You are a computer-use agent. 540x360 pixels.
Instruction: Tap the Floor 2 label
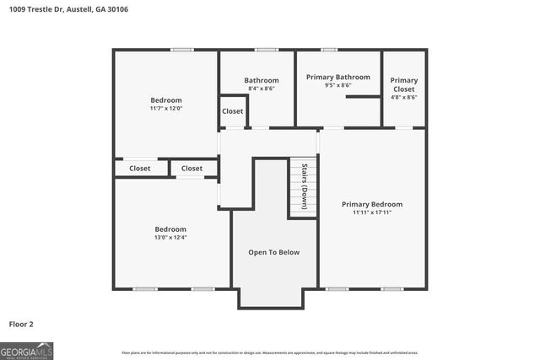point(21,324)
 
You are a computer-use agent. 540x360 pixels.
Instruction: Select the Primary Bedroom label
point(371,204)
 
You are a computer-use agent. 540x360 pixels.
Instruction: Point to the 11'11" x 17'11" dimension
point(371,212)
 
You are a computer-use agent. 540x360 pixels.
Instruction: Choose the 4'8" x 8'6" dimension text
point(403,98)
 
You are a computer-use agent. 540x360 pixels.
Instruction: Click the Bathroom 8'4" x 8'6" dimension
point(261,89)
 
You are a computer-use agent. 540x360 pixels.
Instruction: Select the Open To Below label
point(273,252)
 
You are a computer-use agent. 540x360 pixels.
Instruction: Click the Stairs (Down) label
point(304,186)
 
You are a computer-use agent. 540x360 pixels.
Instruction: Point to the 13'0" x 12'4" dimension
point(170,238)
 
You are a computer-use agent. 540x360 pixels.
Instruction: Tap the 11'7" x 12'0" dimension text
point(165,109)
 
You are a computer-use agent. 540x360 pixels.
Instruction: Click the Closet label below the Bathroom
point(232,111)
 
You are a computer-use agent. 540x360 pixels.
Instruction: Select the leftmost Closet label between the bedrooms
point(140,169)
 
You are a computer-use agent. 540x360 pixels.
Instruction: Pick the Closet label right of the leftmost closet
point(192,169)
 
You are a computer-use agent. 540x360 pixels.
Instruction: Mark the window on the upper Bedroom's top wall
point(181,50)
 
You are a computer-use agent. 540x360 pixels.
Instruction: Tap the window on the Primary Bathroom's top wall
point(329,50)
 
